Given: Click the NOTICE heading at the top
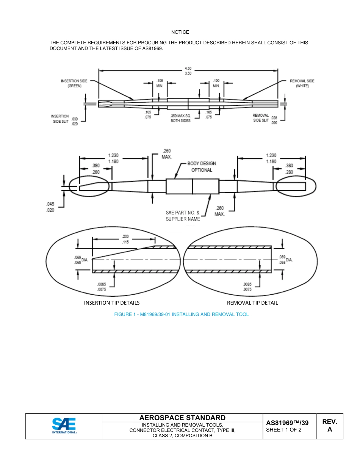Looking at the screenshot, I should point(180,32).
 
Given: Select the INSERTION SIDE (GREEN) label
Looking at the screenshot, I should point(74,83).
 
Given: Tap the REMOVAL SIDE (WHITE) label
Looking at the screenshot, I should point(302,83).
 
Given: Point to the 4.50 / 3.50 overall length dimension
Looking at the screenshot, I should point(188,71).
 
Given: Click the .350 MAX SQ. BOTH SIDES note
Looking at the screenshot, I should point(180,118).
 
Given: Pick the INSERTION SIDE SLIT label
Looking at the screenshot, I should point(60,119).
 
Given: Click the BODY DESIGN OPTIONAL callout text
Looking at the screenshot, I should point(202,167).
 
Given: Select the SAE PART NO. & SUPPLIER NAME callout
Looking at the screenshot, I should point(183,216).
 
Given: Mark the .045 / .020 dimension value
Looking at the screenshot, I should point(50,207).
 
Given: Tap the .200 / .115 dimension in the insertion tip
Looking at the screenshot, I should point(125,239).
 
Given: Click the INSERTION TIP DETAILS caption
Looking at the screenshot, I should point(112,303).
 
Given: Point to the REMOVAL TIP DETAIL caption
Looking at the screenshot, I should point(252,303).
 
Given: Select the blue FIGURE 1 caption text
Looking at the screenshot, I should point(182,314).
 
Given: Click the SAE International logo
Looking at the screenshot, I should point(64,426).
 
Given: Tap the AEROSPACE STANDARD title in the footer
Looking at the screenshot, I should point(182,418).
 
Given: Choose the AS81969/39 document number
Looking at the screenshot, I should point(287,423).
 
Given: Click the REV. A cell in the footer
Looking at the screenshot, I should point(329,425).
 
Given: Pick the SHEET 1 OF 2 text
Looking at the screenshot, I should point(284,430).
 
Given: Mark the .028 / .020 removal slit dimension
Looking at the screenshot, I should point(274,120).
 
